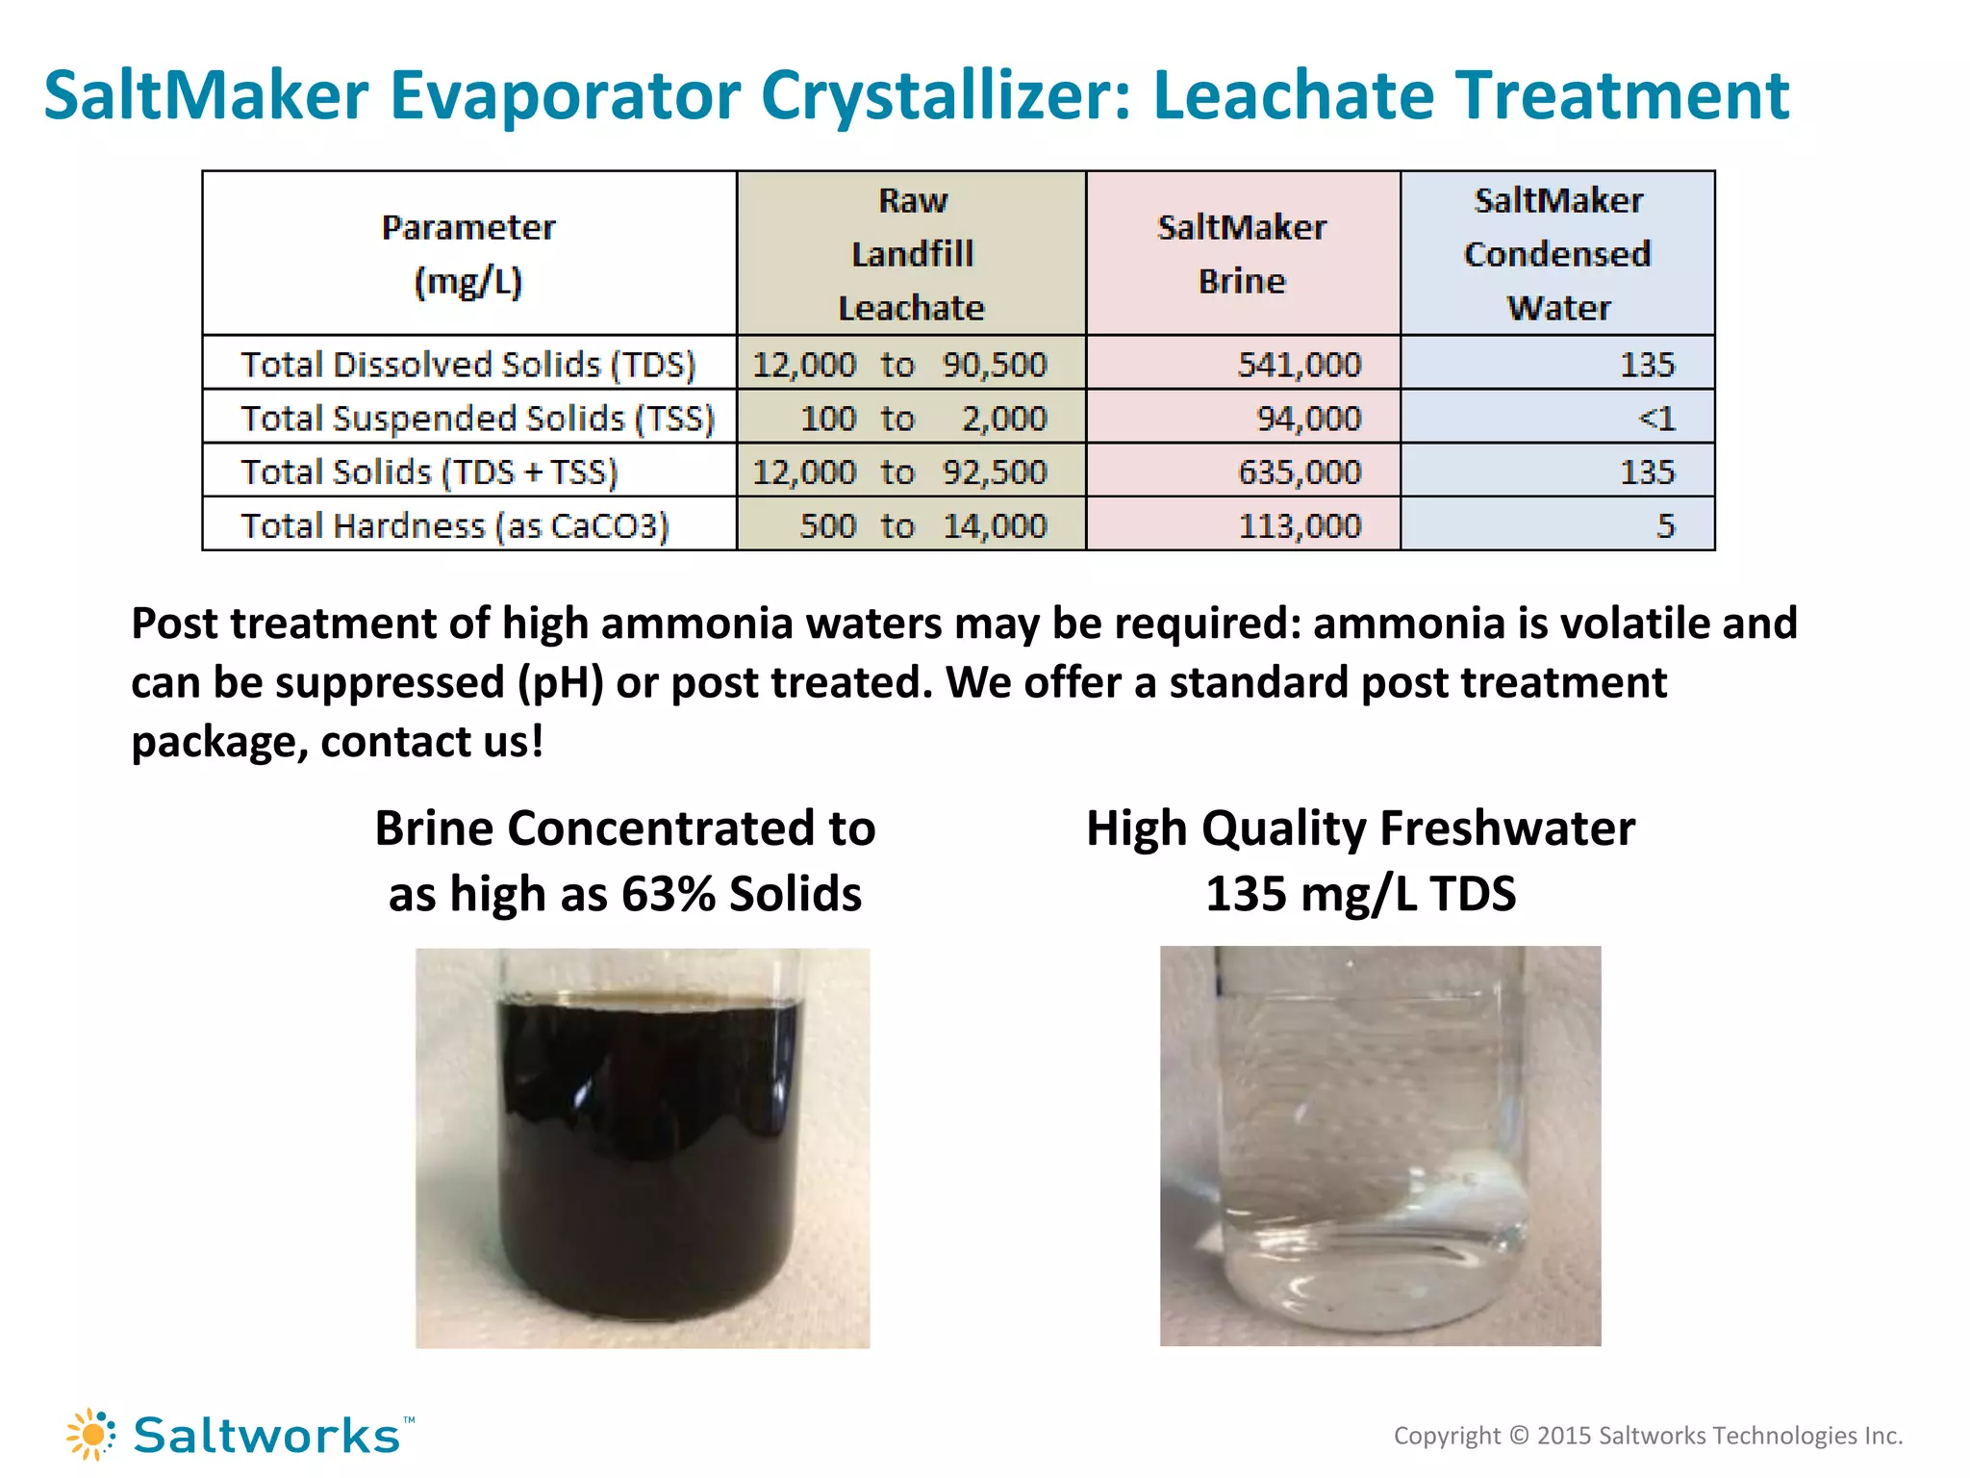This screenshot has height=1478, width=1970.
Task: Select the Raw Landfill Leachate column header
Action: pos(912,254)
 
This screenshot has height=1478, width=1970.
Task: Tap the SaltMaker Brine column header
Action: pos(1242,254)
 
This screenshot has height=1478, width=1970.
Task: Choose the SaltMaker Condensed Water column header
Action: pos(1557,254)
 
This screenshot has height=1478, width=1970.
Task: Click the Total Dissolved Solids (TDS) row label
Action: pos(467,365)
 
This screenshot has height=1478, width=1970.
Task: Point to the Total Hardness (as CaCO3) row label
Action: pos(454,526)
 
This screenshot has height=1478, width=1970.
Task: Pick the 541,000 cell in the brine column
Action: pos(1299,365)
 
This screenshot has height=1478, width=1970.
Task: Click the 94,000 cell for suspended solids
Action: pos(1308,419)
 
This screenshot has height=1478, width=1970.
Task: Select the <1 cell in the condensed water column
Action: pos(1656,419)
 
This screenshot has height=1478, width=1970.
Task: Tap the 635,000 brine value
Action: pos(1299,472)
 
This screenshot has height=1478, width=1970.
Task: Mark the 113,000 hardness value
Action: pos(1299,526)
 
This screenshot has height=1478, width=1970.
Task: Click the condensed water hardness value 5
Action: pos(1665,526)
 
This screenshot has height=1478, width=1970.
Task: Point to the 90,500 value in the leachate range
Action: pos(994,365)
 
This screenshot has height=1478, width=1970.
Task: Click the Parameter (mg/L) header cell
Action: pos(468,254)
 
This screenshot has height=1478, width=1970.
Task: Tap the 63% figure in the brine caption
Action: pos(668,894)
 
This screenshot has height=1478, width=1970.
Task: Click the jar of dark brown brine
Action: pos(643,1147)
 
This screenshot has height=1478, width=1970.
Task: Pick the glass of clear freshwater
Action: pos(1379,1145)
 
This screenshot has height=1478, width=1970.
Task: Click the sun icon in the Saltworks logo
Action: pos(91,1435)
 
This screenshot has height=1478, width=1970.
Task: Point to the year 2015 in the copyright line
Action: pos(1564,1436)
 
